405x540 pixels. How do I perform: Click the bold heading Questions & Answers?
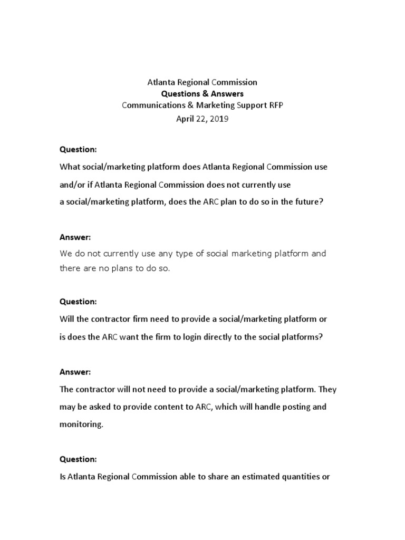point(202,93)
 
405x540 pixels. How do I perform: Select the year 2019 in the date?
point(219,119)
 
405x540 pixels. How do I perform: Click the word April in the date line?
point(186,119)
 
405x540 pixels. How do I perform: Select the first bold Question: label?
point(78,149)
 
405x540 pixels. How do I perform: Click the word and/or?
point(72,185)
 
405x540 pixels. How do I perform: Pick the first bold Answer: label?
point(75,237)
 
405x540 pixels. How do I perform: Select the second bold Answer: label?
point(75,372)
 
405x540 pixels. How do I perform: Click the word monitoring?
point(81,425)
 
